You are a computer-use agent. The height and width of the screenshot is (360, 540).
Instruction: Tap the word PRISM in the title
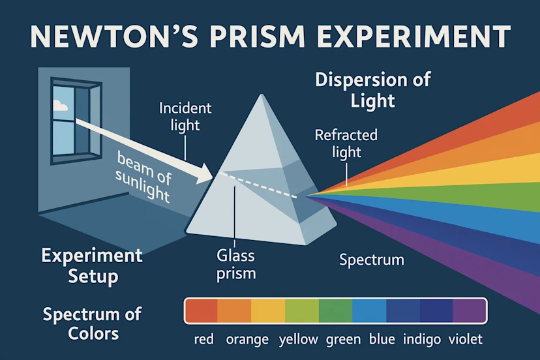click(x=257, y=37)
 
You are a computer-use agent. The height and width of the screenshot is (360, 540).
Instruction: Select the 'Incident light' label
click(x=185, y=117)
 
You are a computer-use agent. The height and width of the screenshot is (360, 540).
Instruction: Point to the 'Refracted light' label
click(x=346, y=143)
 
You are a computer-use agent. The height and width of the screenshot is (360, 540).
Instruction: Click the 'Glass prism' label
click(x=236, y=265)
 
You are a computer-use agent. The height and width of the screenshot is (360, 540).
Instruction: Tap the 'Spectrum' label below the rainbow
click(x=372, y=260)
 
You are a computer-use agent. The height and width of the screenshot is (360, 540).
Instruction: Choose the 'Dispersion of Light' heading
click(x=372, y=89)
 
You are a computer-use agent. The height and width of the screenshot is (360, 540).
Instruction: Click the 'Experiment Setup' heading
click(x=92, y=265)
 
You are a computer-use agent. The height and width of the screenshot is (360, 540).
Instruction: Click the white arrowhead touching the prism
click(x=205, y=174)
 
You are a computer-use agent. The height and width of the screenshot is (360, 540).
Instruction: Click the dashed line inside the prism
click(x=258, y=185)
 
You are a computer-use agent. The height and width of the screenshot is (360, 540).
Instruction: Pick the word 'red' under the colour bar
click(x=204, y=339)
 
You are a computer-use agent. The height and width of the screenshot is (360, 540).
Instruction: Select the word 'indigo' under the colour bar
click(x=422, y=340)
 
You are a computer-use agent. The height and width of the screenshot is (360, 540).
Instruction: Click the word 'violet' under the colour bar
click(x=466, y=339)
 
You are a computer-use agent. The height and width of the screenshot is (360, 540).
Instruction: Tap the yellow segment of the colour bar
click(x=268, y=310)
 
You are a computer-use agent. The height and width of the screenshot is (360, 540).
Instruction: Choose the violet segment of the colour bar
click(x=470, y=310)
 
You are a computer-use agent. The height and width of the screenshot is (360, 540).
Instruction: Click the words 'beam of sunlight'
click(x=143, y=176)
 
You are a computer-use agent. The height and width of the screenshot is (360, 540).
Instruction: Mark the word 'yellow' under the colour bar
click(x=299, y=340)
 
